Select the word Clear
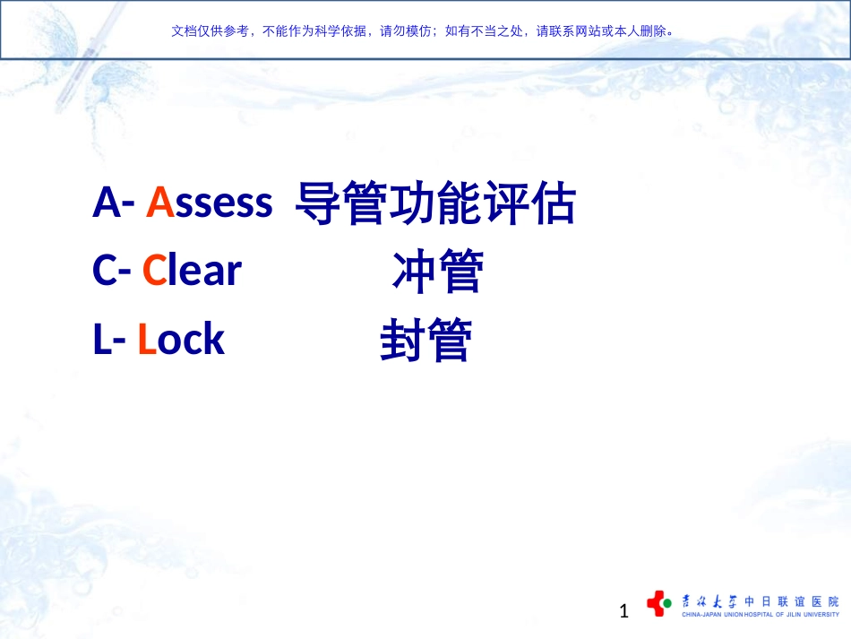click(193, 271)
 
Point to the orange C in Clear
click(154, 271)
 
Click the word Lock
click(181, 340)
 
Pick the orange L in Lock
click(147, 340)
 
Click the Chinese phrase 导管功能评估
click(435, 204)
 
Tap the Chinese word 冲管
click(437, 272)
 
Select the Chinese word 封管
click(425, 341)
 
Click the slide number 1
click(624, 612)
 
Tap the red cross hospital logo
click(658, 603)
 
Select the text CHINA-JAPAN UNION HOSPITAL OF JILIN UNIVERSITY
click(761, 616)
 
